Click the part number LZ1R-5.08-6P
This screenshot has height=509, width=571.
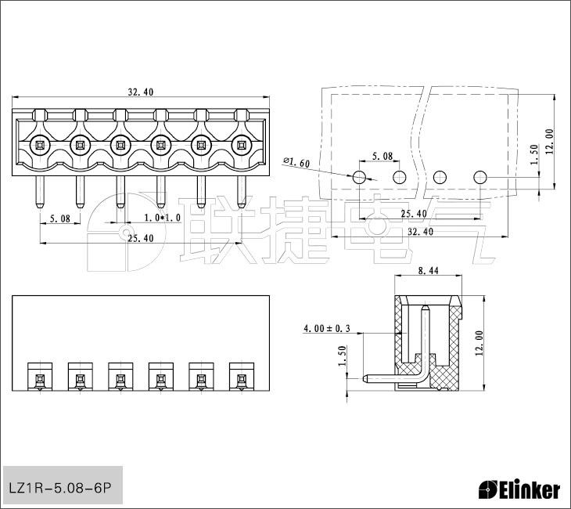[59, 488]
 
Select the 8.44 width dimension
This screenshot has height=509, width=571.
[429, 270]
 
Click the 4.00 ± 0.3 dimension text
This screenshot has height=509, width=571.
[327, 329]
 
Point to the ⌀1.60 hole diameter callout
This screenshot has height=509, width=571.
[296, 162]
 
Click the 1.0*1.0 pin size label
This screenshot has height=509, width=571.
[163, 218]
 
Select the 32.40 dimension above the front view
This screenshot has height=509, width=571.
[141, 92]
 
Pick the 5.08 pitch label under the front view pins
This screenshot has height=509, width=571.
[59, 218]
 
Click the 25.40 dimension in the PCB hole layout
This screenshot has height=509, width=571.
[414, 214]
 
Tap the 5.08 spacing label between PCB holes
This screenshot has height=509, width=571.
[382, 156]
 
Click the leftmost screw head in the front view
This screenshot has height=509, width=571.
[39, 146]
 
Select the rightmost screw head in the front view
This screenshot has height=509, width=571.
[241, 146]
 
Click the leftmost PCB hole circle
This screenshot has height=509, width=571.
[360, 177]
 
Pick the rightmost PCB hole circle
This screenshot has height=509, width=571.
[480, 177]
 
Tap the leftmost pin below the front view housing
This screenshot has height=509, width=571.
[39, 192]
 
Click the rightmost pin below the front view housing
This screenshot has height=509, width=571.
[241, 192]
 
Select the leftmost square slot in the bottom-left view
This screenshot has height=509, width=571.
[40, 377]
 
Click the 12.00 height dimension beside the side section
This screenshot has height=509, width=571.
[479, 343]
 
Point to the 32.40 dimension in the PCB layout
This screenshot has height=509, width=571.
[420, 232]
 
